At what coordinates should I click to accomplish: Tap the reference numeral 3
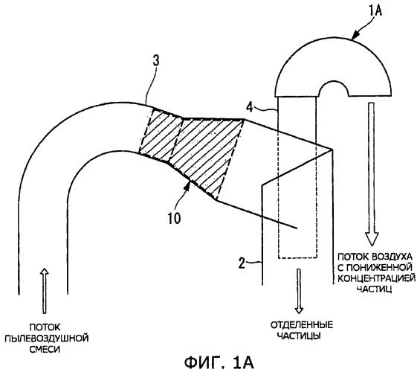[x=155, y=60]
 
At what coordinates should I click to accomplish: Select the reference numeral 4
[x=249, y=108]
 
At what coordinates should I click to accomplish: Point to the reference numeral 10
[x=175, y=218]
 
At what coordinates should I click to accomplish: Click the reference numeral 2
[x=242, y=263]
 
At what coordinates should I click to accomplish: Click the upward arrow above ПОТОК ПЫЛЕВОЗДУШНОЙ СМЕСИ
[x=45, y=291]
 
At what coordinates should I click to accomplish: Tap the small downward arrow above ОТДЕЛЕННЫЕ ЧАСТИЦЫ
[x=299, y=291]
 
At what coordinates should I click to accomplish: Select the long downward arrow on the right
[x=371, y=174]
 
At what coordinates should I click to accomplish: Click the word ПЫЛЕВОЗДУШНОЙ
[x=47, y=339]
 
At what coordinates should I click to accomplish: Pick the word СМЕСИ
[x=44, y=349]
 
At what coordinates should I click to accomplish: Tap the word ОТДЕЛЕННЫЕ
[x=301, y=325]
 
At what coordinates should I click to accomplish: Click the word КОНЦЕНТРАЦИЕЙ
[x=376, y=278]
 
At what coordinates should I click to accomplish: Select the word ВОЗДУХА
[x=391, y=257]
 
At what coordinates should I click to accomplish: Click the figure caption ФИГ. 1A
[x=219, y=362]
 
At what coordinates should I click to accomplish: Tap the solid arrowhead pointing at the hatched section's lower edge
[x=188, y=186]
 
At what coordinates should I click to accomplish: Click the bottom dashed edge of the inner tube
[x=297, y=258]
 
